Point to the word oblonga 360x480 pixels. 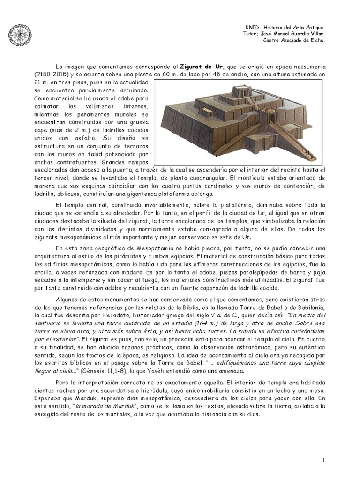[x=199, y=193]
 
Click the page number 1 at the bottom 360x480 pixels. [x=323, y=461]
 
